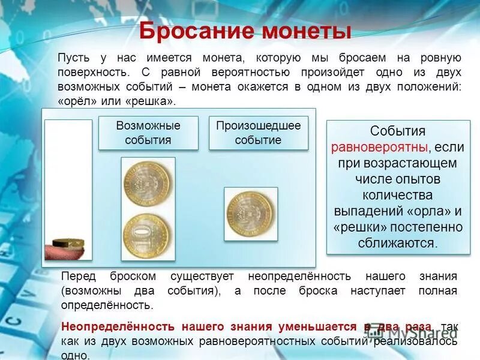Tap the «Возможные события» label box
coord(148,133)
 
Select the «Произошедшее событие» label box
coord(258,133)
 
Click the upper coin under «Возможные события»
coord(148,179)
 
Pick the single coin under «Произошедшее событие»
coord(250,214)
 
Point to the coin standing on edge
coord(68,242)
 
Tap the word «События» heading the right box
coord(398,131)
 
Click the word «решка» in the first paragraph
coord(151,101)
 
